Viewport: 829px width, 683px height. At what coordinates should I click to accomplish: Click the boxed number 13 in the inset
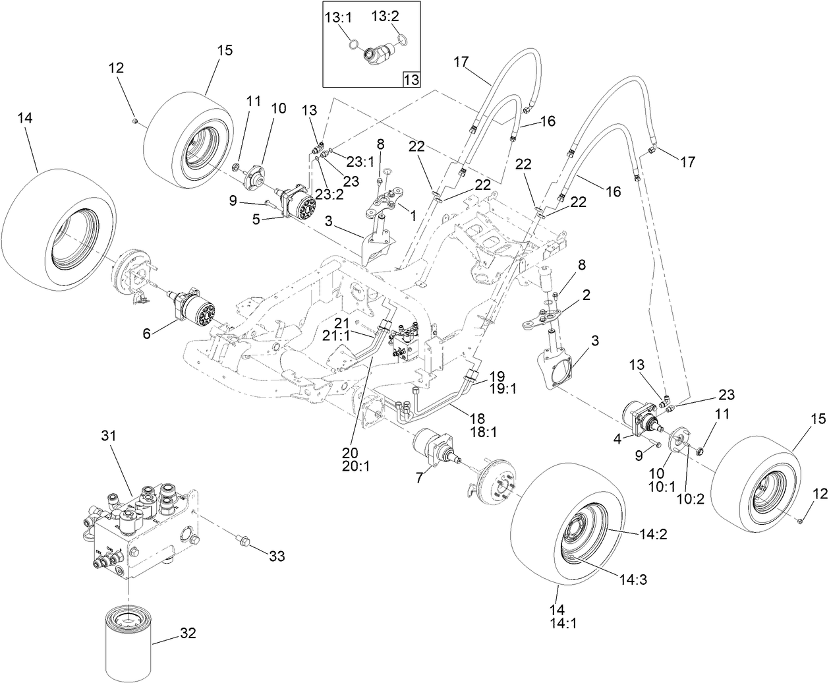411,80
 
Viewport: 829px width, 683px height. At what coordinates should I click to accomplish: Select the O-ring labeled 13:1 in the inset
354,45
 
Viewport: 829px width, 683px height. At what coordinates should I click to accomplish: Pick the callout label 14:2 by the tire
652,535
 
